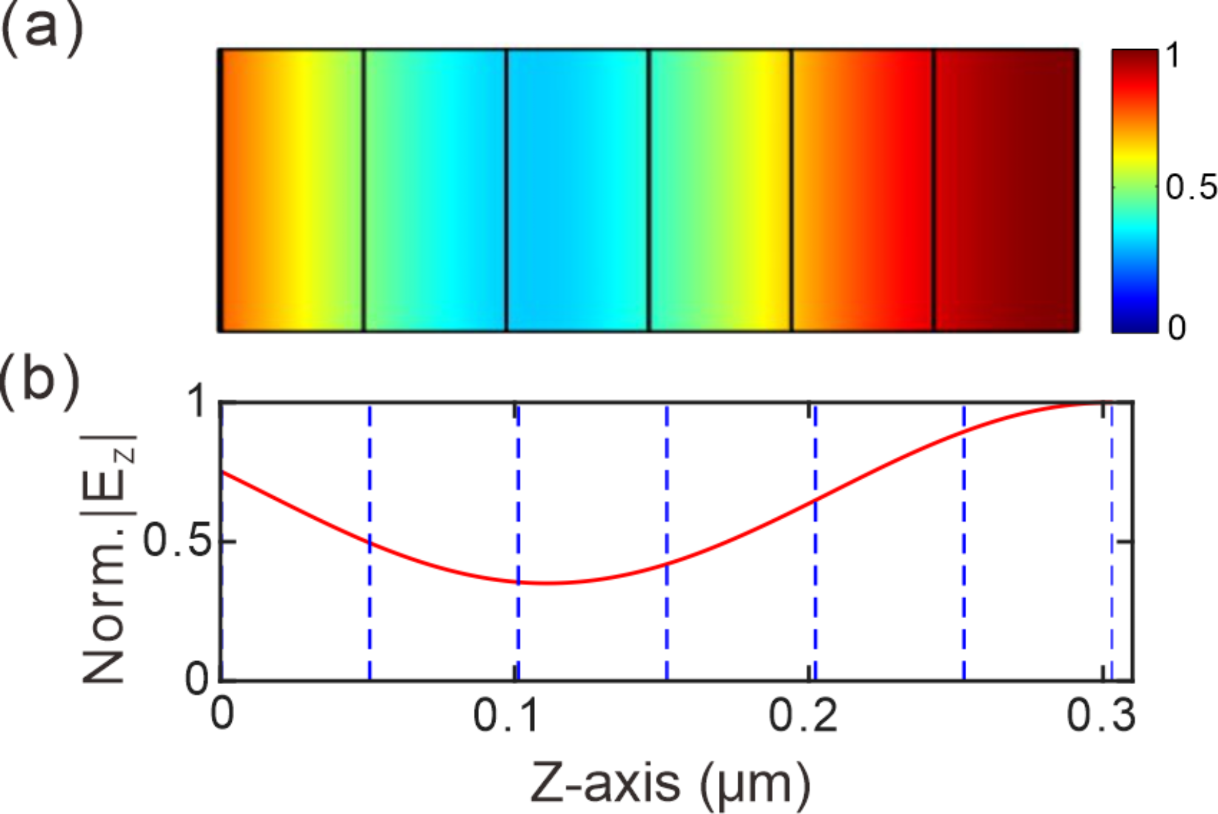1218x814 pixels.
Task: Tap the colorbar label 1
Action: (1174, 56)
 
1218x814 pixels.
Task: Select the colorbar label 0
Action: (1177, 328)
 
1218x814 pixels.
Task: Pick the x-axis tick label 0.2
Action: (803, 716)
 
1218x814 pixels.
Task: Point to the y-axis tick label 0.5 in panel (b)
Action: (177, 540)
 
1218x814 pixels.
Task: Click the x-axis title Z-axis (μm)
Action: (670, 783)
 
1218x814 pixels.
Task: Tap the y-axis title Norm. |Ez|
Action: (109, 558)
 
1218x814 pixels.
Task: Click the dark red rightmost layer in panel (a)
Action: (1005, 190)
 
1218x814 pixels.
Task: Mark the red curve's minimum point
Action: (549, 584)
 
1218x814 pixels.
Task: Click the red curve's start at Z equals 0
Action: (223, 472)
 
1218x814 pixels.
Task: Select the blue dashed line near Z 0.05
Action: (370, 607)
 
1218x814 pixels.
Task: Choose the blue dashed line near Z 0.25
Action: (964, 546)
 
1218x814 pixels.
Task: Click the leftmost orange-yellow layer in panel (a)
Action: (291, 190)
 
